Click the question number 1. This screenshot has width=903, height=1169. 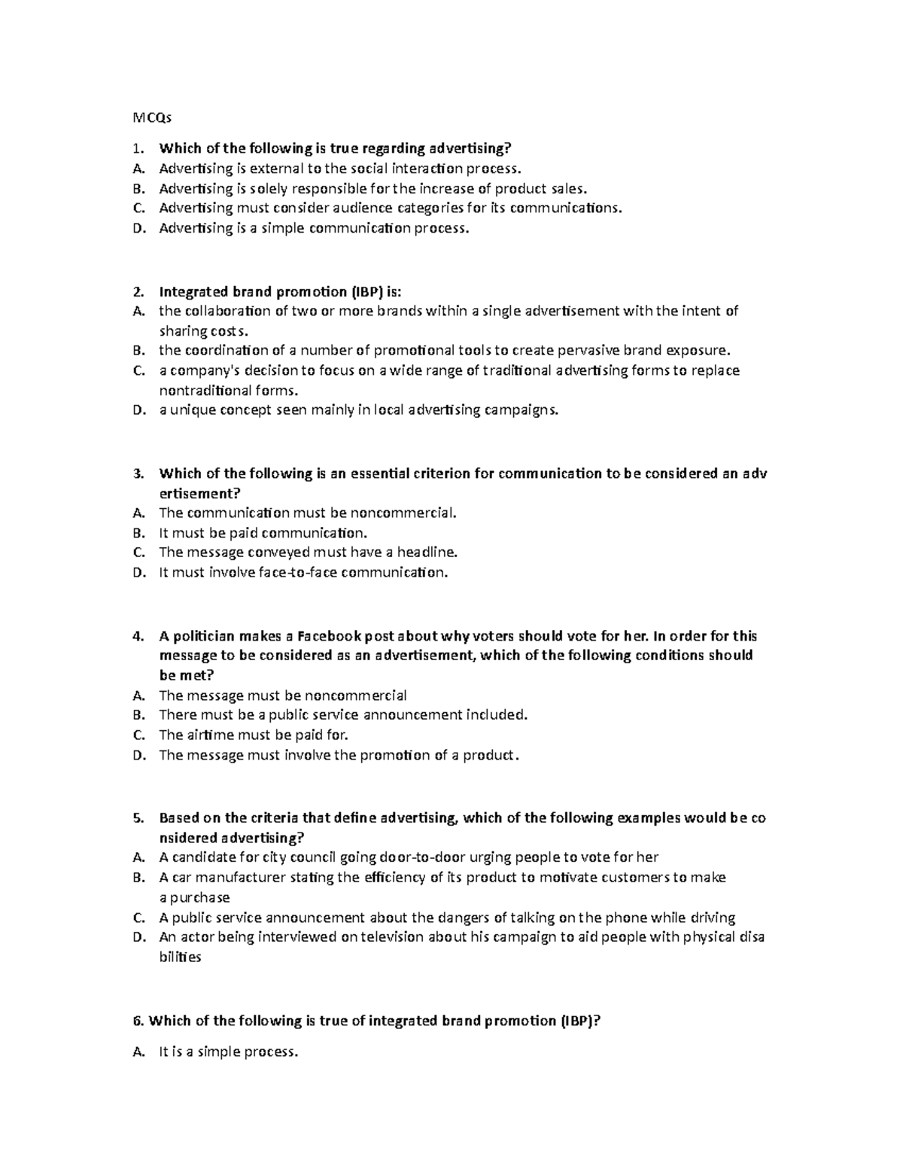(x=136, y=148)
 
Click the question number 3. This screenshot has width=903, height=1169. (x=136, y=473)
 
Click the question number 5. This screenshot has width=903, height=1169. (x=136, y=817)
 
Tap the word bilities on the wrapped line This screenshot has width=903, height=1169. (x=180, y=957)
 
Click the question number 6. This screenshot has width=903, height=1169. (x=136, y=1021)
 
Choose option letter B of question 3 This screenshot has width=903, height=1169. (x=137, y=533)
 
